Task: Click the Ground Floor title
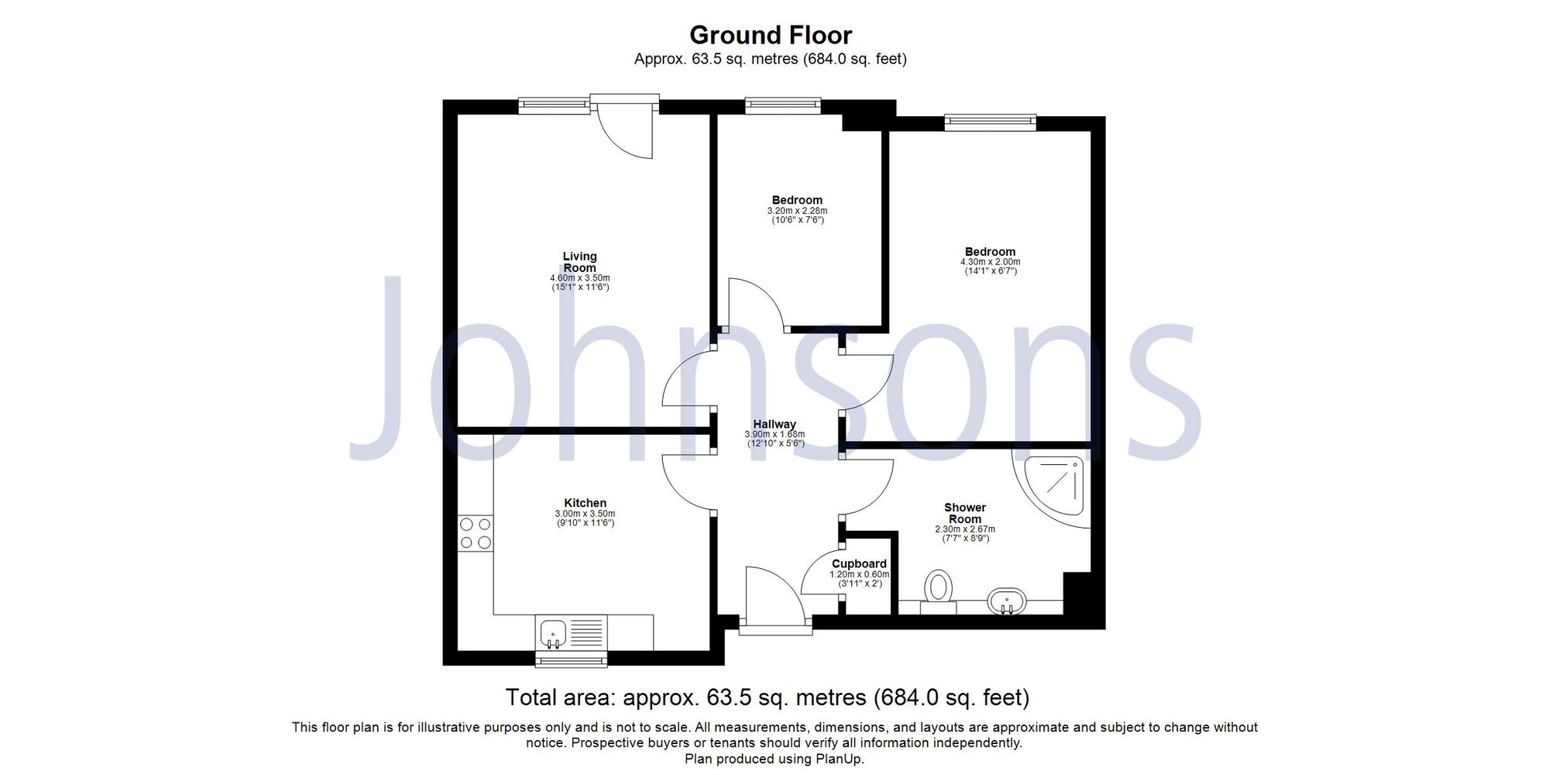point(770,35)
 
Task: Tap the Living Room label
point(579,262)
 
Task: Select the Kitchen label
point(585,503)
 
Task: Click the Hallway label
point(774,424)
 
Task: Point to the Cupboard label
point(859,563)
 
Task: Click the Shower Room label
point(964,513)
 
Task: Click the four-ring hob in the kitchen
point(475,533)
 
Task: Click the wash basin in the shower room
point(1007,600)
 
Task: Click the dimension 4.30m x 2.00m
point(990,262)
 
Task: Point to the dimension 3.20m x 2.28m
point(797,210)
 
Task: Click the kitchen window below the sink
point(572,660)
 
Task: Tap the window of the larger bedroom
point(990,120)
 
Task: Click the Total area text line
point(767,697)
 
